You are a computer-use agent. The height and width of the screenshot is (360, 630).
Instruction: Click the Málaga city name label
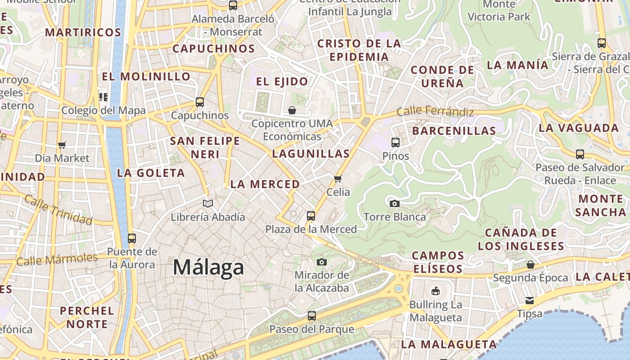tap(208, 267)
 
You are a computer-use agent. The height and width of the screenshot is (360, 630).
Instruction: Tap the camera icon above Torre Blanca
tap(395, 203)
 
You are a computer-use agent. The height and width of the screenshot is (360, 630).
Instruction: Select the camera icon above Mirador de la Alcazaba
tap(322, 262)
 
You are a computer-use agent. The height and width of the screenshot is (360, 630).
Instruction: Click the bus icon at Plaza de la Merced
tap(311, 216)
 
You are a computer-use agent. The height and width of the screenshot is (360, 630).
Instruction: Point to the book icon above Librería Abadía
tap(207, 204)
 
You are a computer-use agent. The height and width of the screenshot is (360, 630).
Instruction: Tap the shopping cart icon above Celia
tap(338, 179)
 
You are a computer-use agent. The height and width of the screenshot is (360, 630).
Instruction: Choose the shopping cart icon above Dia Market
tap(62, 145)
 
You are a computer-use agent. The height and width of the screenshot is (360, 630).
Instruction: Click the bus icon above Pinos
tap(396, 143)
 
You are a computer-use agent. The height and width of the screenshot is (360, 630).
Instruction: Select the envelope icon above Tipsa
tap(530, 301)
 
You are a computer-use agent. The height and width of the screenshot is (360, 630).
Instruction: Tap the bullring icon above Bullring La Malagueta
tap(435, 291)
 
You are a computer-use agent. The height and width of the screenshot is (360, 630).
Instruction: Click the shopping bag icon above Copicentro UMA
tap(292, 110)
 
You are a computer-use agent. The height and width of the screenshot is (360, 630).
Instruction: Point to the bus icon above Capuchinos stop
tap(200, 102)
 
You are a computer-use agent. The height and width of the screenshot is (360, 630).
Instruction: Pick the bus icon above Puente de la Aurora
tap(132, 238)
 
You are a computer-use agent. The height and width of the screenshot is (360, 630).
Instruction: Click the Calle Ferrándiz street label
tap(435, 111)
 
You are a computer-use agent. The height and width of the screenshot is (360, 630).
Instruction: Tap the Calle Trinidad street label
tap(58, 210)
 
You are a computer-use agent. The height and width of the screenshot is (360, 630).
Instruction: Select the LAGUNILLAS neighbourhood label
tap(311, 154)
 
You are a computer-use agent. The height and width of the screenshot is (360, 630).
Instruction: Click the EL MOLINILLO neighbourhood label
tap(146, 76)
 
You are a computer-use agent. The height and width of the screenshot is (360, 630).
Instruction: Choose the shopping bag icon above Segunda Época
tap(531, 265)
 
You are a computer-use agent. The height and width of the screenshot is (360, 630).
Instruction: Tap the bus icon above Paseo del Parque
tap(312, 316)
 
